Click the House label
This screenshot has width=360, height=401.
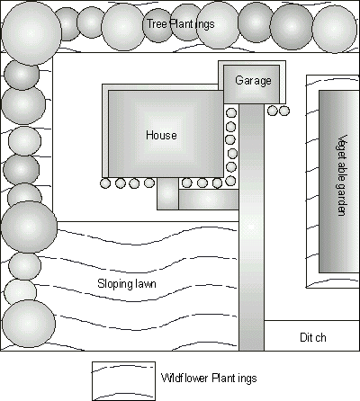(161, 135)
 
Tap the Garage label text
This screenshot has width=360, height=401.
(253, 81)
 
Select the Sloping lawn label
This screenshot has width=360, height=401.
(127, 284)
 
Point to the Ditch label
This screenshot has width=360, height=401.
(313, 337)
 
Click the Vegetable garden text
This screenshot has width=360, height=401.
(342, 175)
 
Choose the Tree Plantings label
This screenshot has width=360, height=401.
(180, 24)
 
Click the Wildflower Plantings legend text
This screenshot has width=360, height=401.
(209, 378)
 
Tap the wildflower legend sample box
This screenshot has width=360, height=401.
(123, 381)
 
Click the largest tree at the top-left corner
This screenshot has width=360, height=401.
(31, 33)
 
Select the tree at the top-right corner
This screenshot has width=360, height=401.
(335, 30)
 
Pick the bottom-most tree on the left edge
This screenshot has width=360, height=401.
(29, 324)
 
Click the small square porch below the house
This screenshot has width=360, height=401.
(167, 194)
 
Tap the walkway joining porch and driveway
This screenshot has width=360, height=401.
(209, 200)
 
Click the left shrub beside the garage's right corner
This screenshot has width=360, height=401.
(272, 111)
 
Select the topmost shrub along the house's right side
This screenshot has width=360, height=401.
(231, 113)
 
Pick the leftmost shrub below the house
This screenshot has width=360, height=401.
(105, 183)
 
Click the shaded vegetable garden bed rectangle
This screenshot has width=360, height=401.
(339, 182)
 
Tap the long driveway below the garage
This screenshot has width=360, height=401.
(251, 227)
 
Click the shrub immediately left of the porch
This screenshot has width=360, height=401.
(149, 183)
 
